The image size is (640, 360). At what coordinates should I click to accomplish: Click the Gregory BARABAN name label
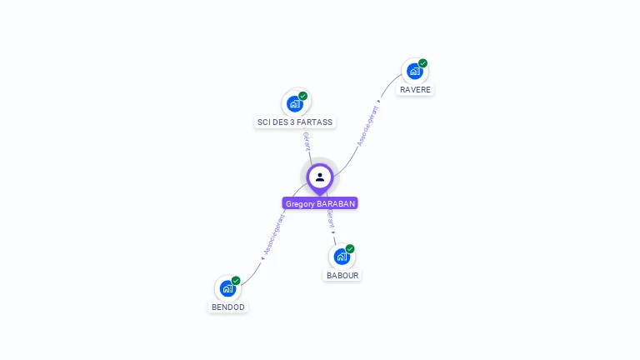click(320, 203)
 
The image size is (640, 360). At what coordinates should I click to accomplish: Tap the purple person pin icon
click(320, 177)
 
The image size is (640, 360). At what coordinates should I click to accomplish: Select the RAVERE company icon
click(414, 72)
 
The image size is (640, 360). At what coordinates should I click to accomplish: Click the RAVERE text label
click(415, 89)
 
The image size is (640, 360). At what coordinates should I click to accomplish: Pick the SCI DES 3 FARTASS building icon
click(294, 103)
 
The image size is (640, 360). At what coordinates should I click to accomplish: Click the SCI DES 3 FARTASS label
click(295, 122)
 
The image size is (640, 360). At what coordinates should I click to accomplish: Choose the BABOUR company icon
click(342, 257)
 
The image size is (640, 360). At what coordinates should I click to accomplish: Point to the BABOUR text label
click(342, 275)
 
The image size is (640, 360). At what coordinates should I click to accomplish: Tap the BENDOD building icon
click(227, 288)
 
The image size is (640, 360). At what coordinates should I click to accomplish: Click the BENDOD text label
click(228, 307)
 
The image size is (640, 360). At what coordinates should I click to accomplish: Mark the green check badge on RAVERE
click(423, 63)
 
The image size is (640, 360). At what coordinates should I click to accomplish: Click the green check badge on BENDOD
click(236, 281)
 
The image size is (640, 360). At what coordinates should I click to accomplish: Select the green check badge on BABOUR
click(350, 248)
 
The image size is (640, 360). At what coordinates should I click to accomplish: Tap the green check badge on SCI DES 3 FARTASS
click(303, 96)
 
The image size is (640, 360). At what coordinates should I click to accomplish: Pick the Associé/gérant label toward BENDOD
click(274, 235)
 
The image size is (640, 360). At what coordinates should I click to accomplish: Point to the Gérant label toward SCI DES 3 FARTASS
click(307, 141)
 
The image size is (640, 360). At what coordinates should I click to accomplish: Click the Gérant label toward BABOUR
click(331, 219)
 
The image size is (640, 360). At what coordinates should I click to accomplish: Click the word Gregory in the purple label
click(300, 203)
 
